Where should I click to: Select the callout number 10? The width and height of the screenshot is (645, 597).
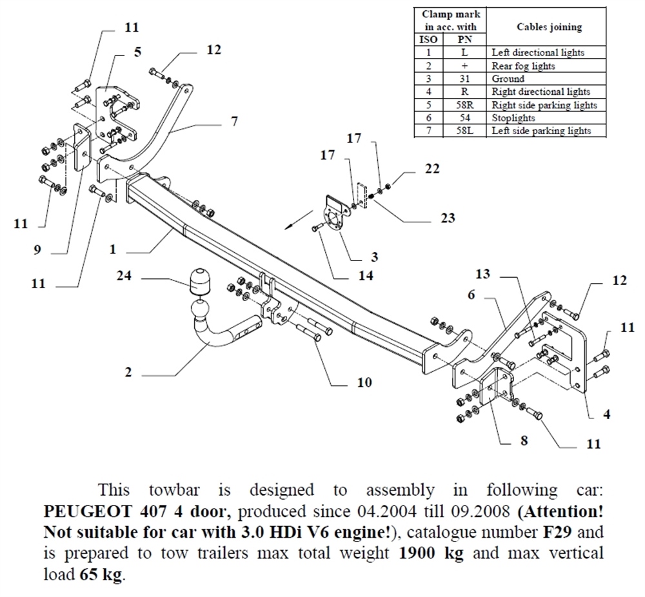(364, 382)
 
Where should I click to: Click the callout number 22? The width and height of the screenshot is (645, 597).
(432, 169)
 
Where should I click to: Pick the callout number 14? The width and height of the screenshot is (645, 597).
(366, 275)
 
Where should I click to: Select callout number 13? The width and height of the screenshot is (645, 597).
(482, 274)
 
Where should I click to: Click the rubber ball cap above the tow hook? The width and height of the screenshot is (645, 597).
(201, 281)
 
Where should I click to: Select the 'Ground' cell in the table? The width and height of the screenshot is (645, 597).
(508, 79)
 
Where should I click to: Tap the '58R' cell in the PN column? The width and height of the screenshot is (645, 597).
(465, 105)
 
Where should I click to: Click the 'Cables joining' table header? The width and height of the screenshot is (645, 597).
(549, 27)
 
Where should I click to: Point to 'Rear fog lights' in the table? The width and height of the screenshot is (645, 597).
(523, 66)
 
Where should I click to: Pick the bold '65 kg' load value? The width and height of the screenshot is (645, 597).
(101, 575)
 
